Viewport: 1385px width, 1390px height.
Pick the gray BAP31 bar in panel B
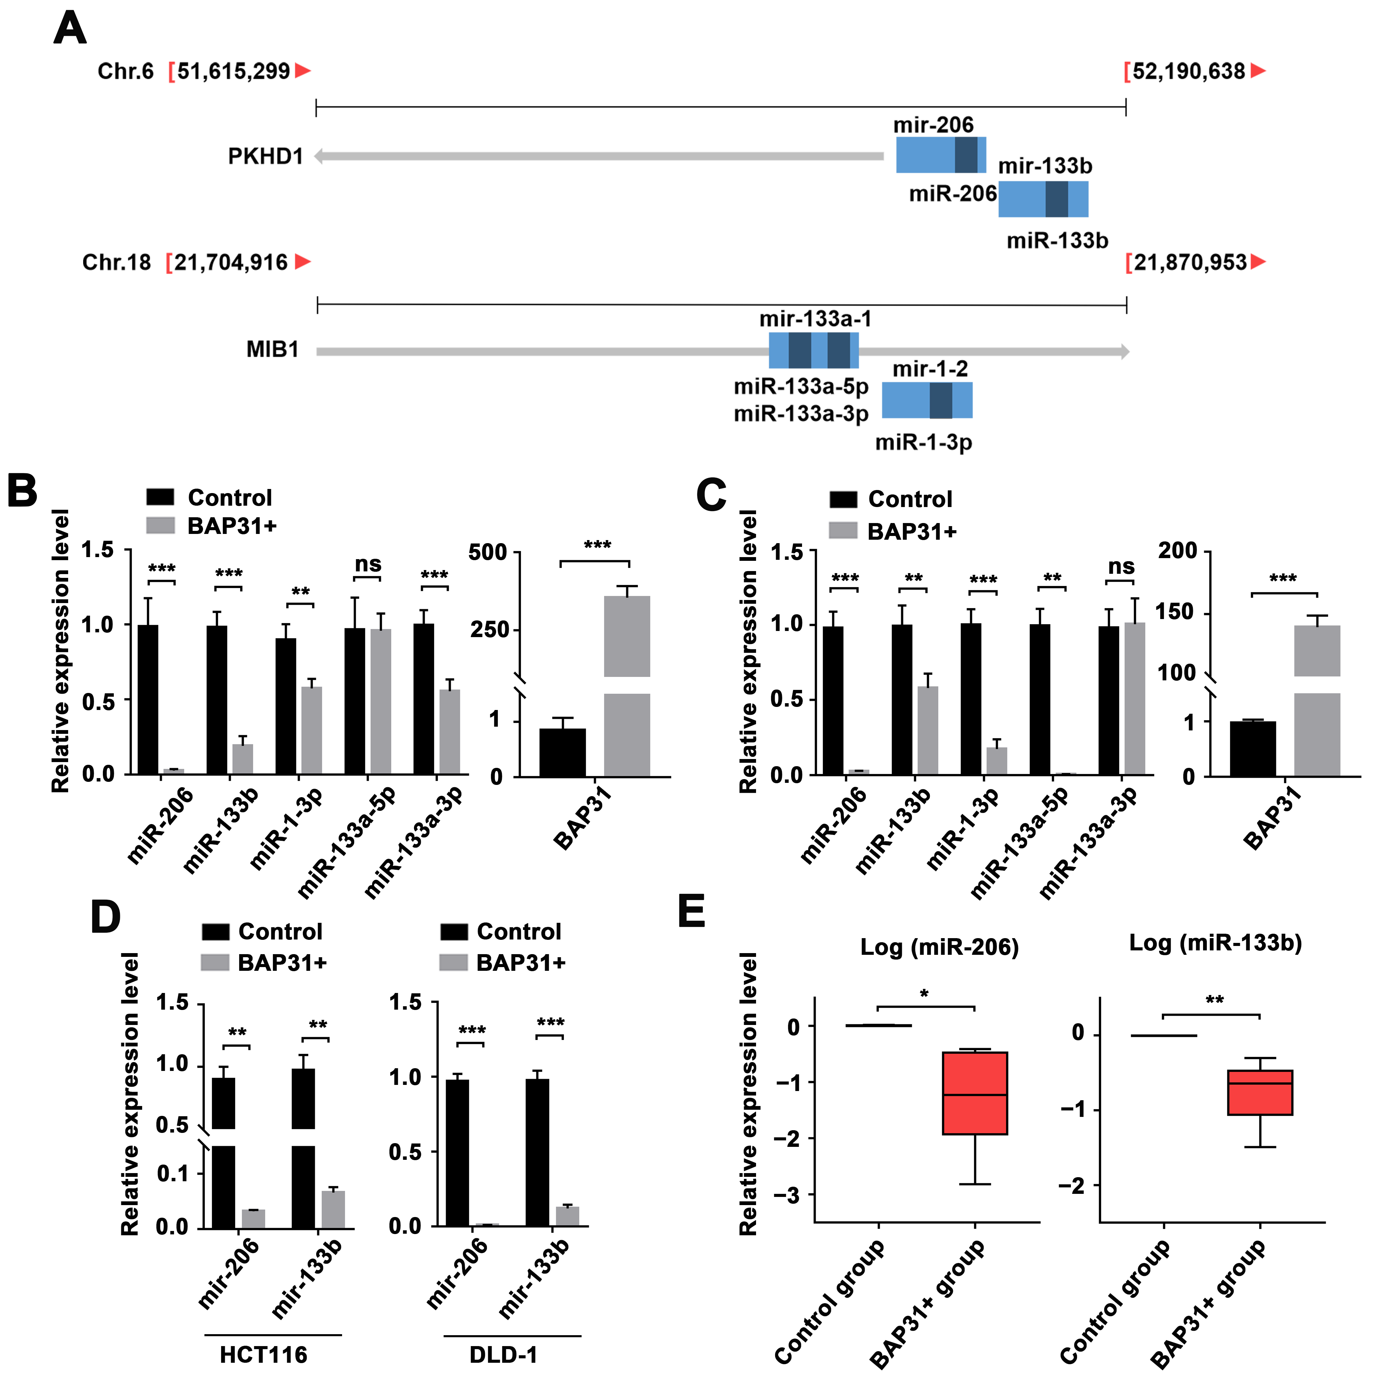(x=626, y=683)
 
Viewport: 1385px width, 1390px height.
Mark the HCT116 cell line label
(x=263, y=1355)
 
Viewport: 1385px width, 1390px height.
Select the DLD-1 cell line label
(x=503, y=1355)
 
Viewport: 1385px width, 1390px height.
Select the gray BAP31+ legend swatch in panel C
(x=843, y=531)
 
